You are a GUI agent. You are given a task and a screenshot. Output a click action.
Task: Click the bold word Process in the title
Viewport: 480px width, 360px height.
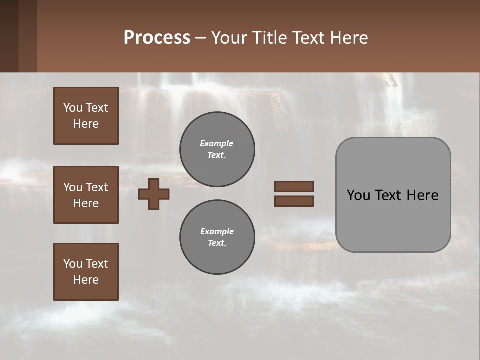157,38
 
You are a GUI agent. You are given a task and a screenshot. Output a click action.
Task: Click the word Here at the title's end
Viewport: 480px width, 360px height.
349,38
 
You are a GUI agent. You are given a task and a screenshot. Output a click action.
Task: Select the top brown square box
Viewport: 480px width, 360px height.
86,116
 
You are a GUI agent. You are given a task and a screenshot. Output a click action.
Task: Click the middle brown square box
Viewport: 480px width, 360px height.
86,195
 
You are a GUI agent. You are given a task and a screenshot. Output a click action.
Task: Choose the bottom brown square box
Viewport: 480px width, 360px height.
86,272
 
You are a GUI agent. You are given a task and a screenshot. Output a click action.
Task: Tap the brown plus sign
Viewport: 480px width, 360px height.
154,194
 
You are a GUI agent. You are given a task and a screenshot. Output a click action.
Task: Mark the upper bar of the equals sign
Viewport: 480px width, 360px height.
294,186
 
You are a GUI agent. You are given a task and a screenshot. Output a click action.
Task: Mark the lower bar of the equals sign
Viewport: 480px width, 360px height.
294,201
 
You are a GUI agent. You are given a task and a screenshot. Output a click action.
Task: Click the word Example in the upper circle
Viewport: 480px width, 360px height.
217,143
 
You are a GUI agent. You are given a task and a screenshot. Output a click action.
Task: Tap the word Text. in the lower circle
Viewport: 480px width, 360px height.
217,243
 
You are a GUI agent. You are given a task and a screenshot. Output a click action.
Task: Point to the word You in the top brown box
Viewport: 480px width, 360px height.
72,108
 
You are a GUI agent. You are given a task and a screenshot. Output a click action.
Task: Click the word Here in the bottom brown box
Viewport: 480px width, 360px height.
86,280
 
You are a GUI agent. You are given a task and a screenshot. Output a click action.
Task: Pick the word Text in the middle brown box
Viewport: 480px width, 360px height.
97,187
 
